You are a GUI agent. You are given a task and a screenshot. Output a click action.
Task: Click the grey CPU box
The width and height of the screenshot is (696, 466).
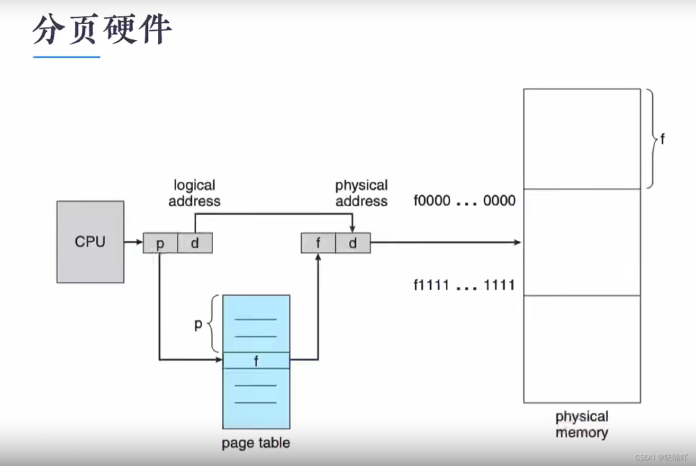click(x=90, y=242)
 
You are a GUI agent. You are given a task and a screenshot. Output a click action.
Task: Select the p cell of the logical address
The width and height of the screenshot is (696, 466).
click(x=160, y=243)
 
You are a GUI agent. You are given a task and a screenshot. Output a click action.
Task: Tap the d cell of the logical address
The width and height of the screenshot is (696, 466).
click(x=195, y=243)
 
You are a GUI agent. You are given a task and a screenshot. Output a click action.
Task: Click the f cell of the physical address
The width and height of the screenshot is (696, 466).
click(x=318, y=243)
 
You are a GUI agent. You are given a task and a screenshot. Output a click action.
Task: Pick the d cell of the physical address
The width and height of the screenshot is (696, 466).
click(x=352, y=243)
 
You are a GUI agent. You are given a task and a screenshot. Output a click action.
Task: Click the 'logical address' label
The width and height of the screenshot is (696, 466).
click(x=194, y=193)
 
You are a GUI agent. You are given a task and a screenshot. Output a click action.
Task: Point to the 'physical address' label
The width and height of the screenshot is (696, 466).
click(x=361, y=193)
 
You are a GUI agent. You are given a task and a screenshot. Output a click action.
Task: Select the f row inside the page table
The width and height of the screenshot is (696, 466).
click(x=256, y=360)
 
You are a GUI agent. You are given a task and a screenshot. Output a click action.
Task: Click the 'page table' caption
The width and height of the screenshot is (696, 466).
click(x=256, y=443)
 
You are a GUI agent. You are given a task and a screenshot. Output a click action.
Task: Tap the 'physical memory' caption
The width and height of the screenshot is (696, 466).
click(x=582, y=424)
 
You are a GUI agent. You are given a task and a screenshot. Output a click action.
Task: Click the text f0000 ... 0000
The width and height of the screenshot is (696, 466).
click(x=464, y=201)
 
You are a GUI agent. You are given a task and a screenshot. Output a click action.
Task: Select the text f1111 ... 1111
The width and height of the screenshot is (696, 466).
click(x=464, y=286)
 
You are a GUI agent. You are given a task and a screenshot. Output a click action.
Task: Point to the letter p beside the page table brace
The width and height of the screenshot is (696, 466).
click(x=198, y=324)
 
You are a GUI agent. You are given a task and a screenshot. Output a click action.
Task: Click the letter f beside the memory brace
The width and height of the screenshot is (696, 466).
click(x=662, y=139)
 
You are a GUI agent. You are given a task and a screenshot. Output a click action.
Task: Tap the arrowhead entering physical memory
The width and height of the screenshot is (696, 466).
click(x=518, y=243)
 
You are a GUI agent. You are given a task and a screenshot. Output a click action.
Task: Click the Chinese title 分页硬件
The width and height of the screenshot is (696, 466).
click(x=102, y=31)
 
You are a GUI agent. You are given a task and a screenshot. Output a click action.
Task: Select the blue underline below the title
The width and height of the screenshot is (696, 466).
click(x=67, y=57)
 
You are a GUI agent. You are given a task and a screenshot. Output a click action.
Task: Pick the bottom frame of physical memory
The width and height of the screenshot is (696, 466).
click(x=582, y=349)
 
